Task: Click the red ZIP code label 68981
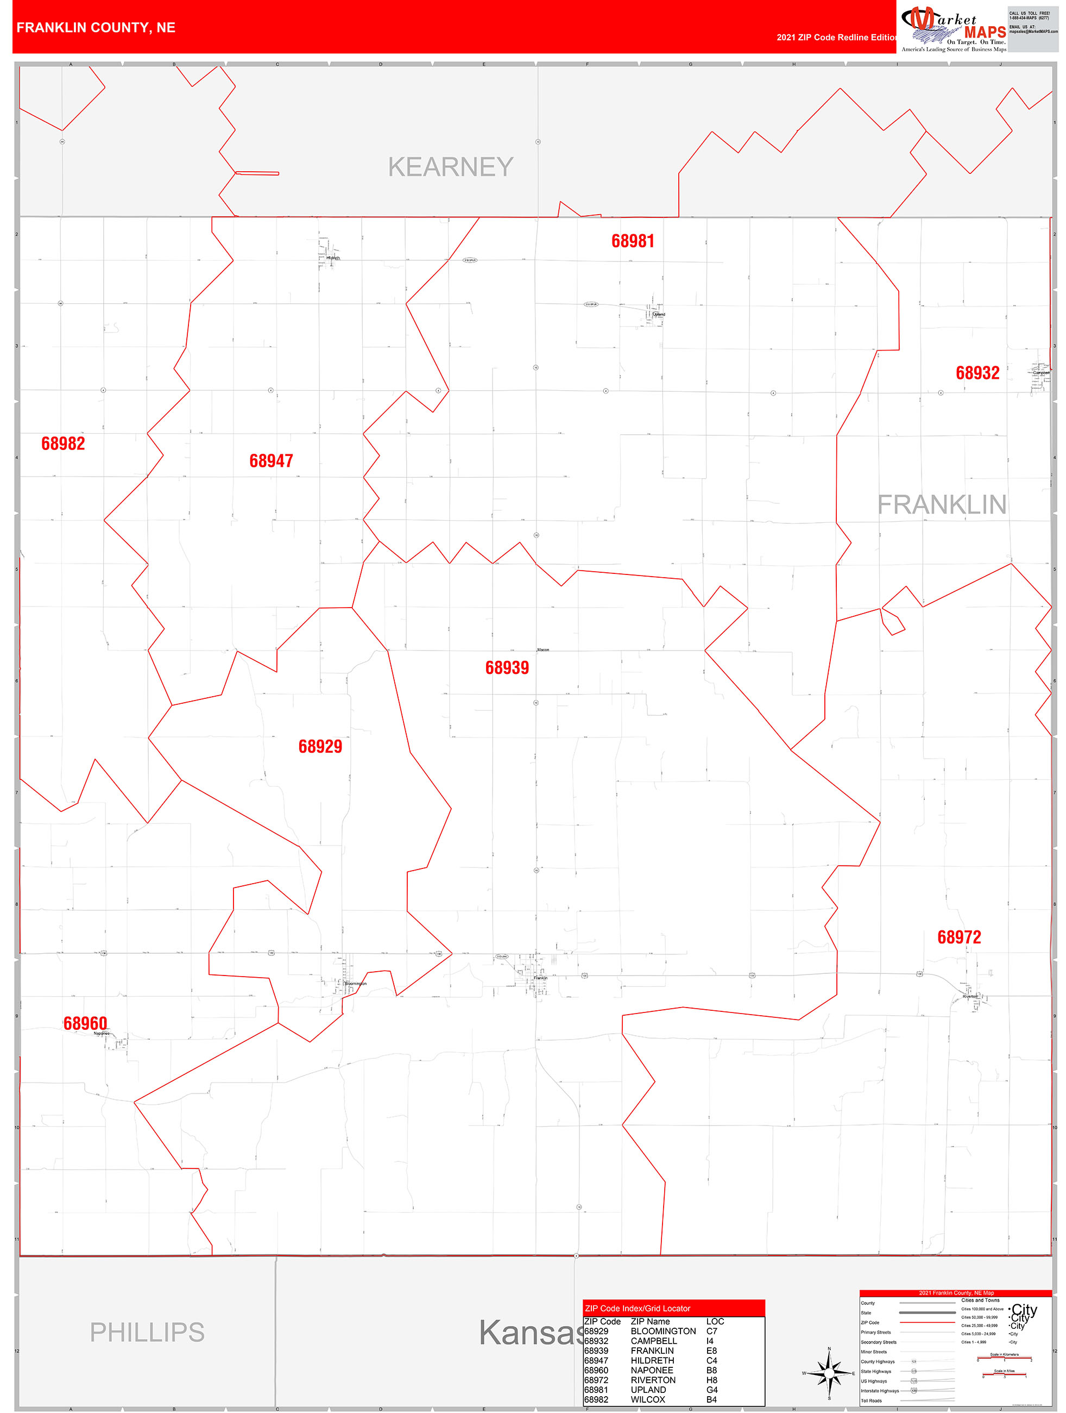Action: [x=633, y=241]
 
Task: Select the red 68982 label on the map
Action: [x=62, y=443]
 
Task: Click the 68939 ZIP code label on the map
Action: [x=507, y=667]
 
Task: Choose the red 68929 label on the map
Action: [x=320, y=746]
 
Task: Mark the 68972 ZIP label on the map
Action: [x=959, y=937]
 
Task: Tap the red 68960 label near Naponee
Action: [x=85, y=1023]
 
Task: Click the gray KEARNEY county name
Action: [x=451, y=167]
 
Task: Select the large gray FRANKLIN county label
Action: [x=942, y=505]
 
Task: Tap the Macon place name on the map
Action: [x=543, y=649]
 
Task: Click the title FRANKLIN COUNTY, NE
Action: [x=96, y=28]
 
